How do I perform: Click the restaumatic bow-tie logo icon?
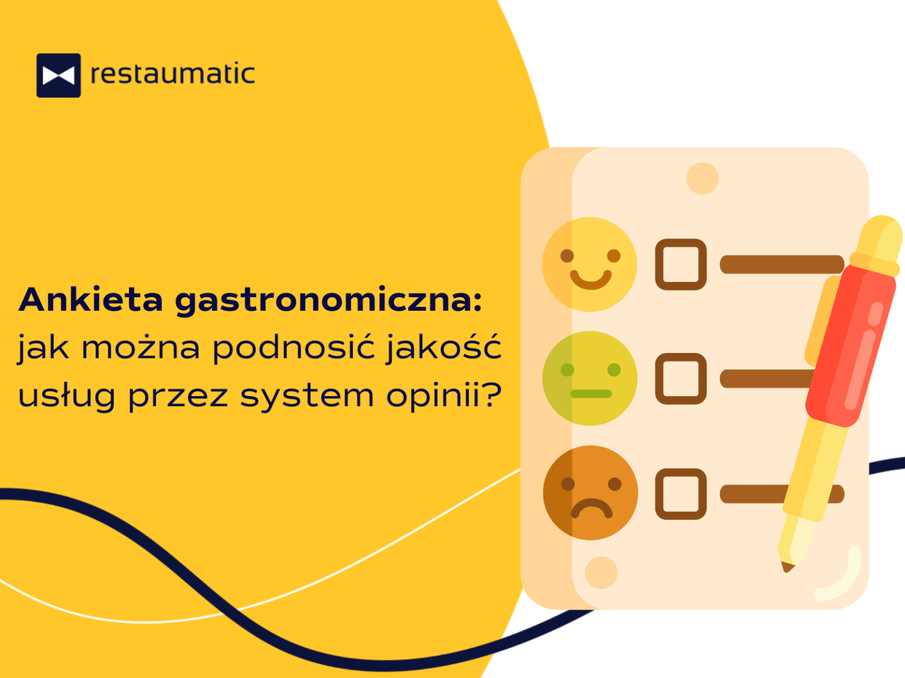[58, 75]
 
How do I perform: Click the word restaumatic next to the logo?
[173, 74]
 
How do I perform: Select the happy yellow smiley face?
[590, 264]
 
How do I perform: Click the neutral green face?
[590, 378]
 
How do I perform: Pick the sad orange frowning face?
[590, 493]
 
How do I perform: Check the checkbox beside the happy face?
[681, 264]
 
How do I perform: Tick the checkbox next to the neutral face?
[681, 378]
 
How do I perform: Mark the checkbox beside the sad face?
[681, 494]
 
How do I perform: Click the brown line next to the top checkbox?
[782, 264]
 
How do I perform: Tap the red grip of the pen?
[851, 346]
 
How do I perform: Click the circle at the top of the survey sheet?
[702, 178]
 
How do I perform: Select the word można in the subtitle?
[141, 348]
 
